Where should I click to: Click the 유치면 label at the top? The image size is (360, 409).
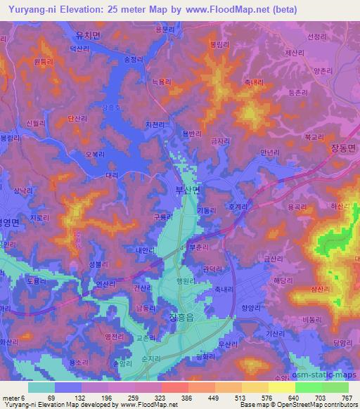pos(88,34)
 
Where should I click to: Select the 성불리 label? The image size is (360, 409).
pos(98,264)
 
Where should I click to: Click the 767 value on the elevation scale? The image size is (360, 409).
pos(345,397)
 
